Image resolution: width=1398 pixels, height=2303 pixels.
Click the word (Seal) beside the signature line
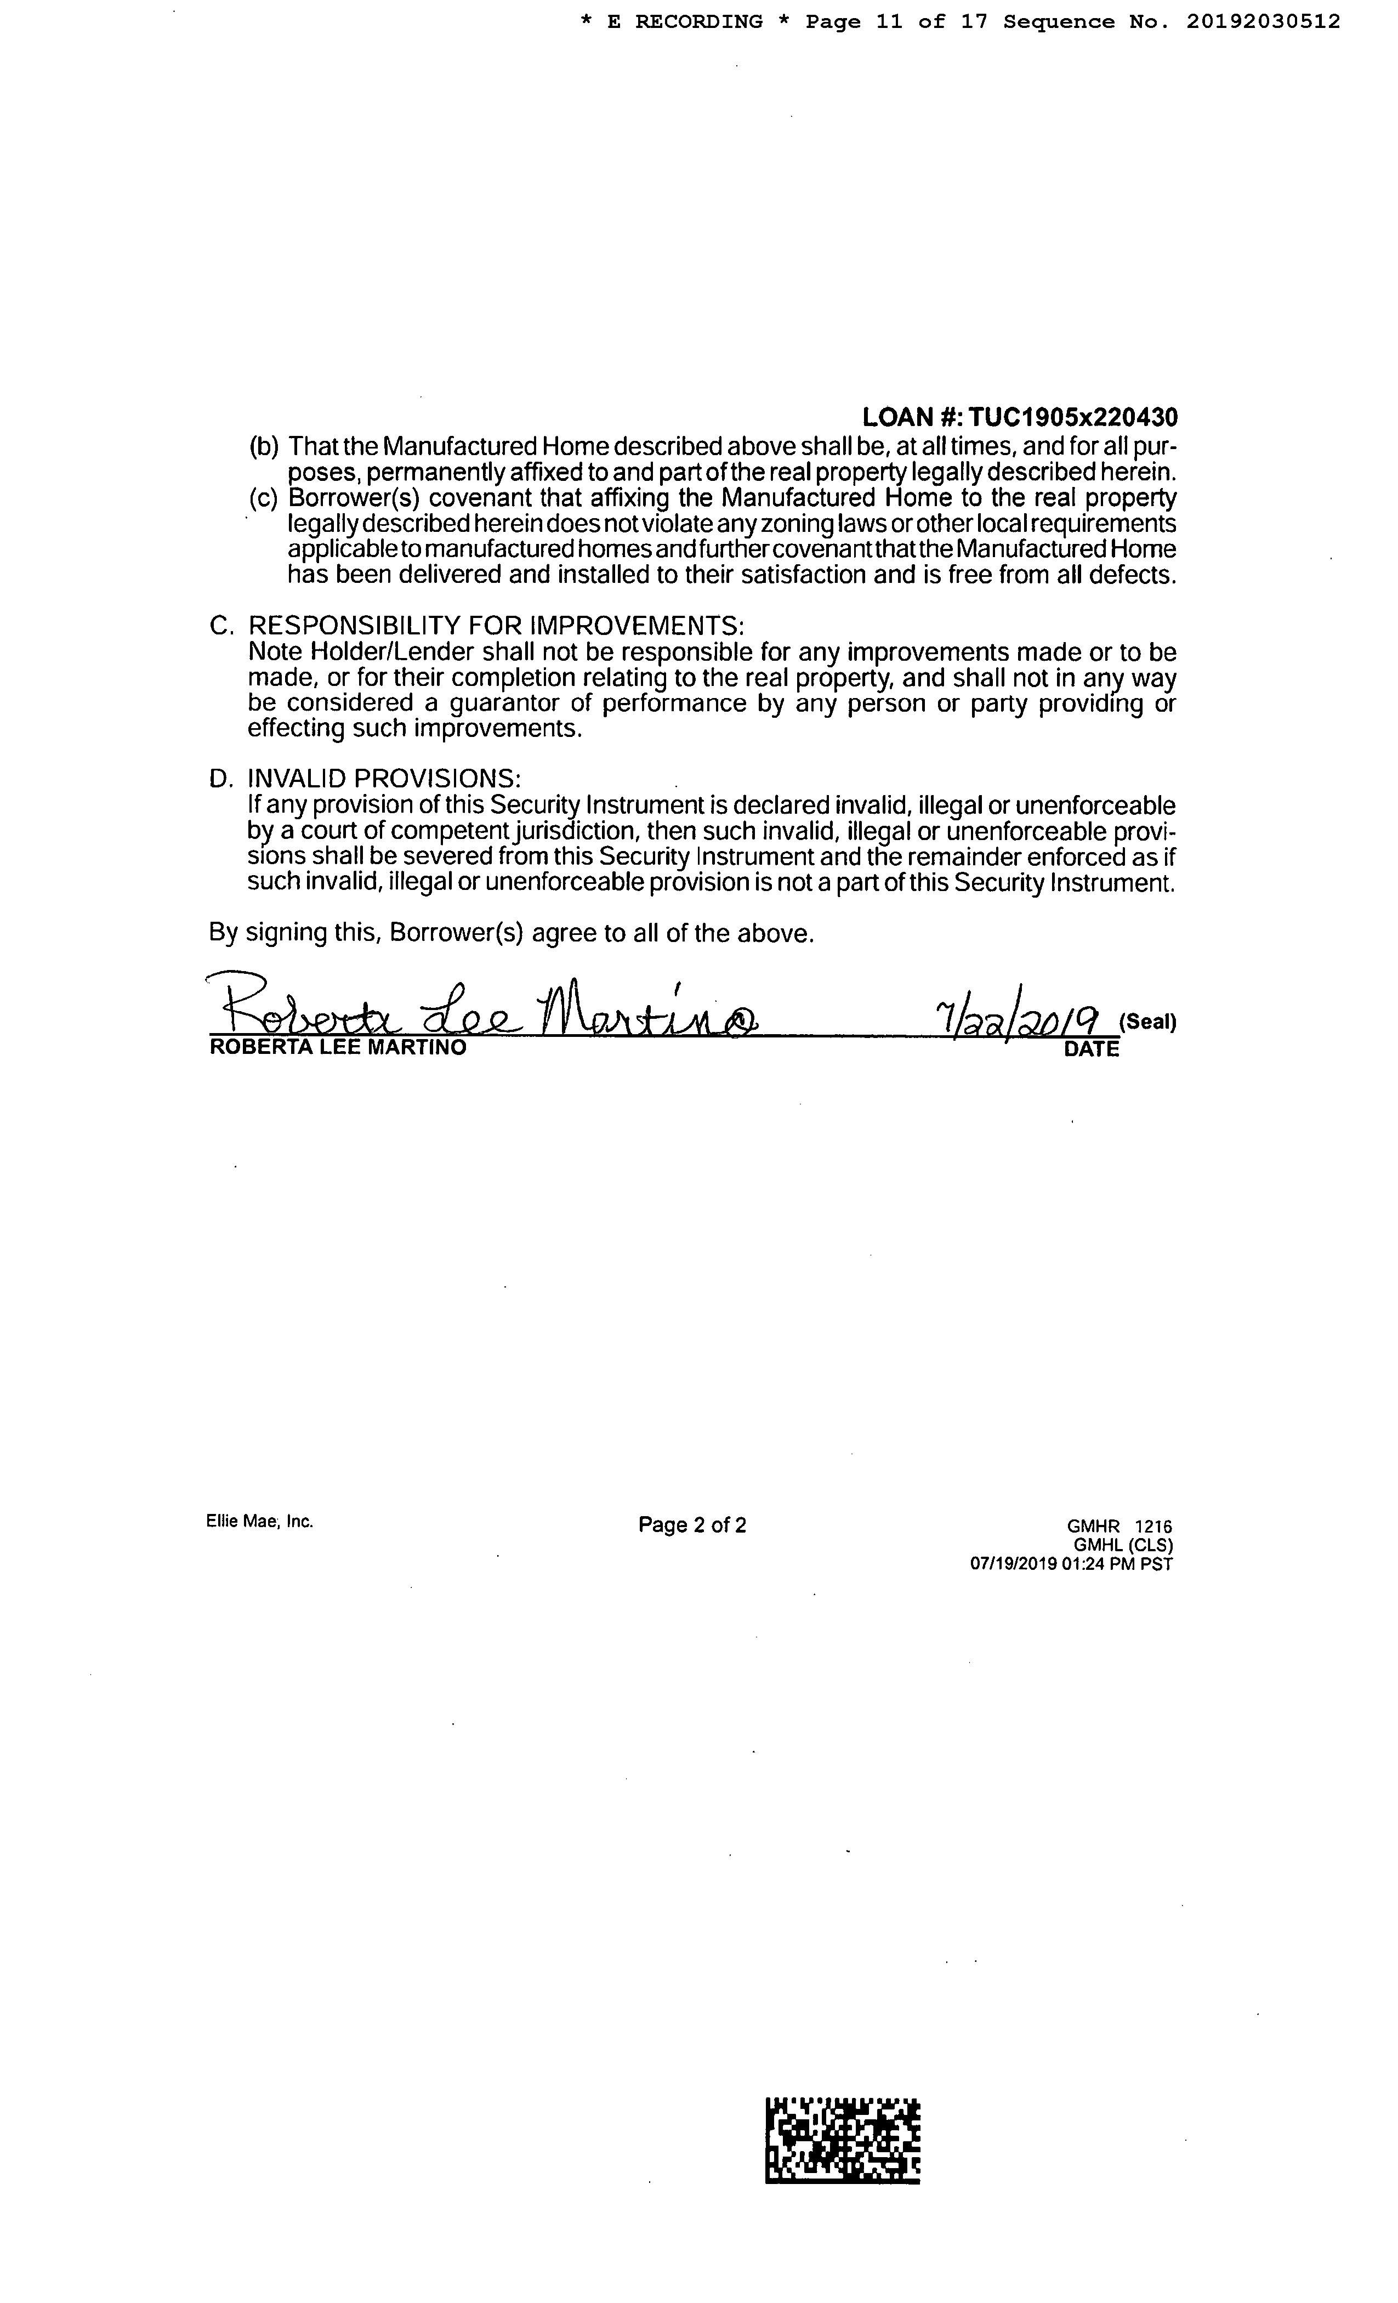point(1146,1022)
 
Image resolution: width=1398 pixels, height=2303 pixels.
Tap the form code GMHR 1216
point(1112,1527)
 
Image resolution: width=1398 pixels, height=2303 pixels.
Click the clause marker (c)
point(264,498)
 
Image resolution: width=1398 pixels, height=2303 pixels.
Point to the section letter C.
point(220,625)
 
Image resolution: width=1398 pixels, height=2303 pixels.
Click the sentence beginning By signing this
point(511,933)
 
